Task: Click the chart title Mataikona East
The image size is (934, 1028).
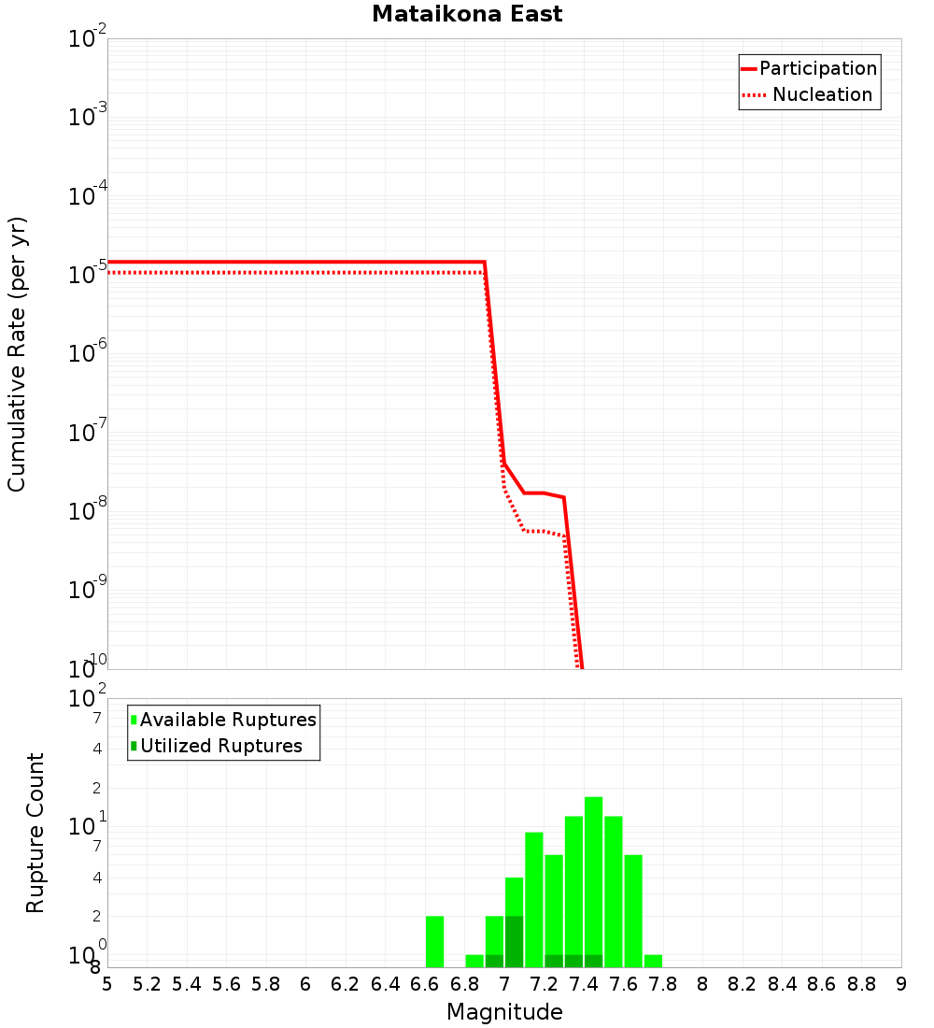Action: pos(467,15)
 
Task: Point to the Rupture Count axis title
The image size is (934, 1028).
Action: pos(35,833)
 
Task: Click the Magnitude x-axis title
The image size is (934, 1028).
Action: pos(504,1012)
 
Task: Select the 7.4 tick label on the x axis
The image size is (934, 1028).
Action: pos(584,984)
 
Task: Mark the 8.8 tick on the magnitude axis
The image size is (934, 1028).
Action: pos(861,984)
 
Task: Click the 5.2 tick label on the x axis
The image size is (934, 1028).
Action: pos(147,984)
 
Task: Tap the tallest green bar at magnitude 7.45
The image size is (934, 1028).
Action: pos(593,878)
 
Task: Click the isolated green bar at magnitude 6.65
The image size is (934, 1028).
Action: pos(434,941)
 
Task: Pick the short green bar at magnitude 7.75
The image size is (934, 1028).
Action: pos(653,961)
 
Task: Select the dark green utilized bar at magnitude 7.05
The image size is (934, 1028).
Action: pos(514,941)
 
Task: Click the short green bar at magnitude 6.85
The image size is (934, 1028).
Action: pos(474,961)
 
